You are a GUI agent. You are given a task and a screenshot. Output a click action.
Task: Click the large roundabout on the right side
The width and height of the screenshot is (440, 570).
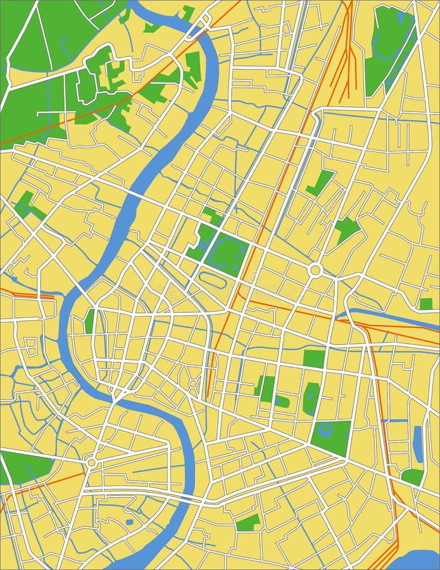point(315,270)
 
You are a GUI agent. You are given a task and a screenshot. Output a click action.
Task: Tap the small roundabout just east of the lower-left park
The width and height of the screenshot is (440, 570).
point(92,463)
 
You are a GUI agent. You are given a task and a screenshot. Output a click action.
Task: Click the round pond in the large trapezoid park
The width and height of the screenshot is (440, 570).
point(326,431)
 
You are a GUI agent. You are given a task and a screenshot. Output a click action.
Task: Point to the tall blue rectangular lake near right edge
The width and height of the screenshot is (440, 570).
point(418,443)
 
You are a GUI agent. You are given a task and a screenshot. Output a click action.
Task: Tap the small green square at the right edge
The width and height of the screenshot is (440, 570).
point(426,304)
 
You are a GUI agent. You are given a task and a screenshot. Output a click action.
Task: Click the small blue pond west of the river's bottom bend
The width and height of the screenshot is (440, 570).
point(129,522)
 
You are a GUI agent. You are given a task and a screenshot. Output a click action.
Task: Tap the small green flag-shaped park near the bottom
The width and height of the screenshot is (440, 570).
point(248,522)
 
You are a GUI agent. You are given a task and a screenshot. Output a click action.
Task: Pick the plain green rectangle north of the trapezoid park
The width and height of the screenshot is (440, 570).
point(313,358)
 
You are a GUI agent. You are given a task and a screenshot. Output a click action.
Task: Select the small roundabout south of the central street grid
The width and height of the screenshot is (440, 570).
point(192,384)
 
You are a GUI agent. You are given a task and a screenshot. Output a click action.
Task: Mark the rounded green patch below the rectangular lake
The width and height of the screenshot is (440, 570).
point(412,477)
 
